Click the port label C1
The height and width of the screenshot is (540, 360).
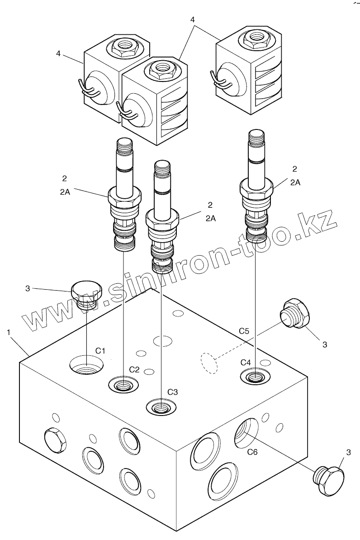point(100,350)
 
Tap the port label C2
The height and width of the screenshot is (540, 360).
point(134,369)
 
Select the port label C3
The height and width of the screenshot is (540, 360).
point(173,392)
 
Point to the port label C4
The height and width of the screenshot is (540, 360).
point(246,362)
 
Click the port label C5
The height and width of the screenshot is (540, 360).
point(244,331)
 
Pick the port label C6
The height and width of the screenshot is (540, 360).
point(252,451)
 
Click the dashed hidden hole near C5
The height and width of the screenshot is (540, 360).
point(208,363)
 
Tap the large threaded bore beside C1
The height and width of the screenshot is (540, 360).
point(86,364)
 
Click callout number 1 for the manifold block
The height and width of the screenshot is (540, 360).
point(9,332)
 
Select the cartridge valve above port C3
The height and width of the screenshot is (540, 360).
point(162,217)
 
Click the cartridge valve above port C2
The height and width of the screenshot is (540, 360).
point(124,195)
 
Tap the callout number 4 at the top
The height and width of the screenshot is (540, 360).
point(193,20)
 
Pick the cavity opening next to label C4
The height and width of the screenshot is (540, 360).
point(256,375)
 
